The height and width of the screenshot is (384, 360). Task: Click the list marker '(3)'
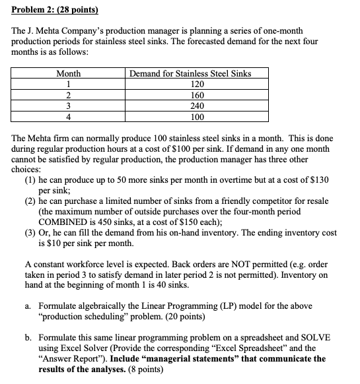click(x=30, y=232)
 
